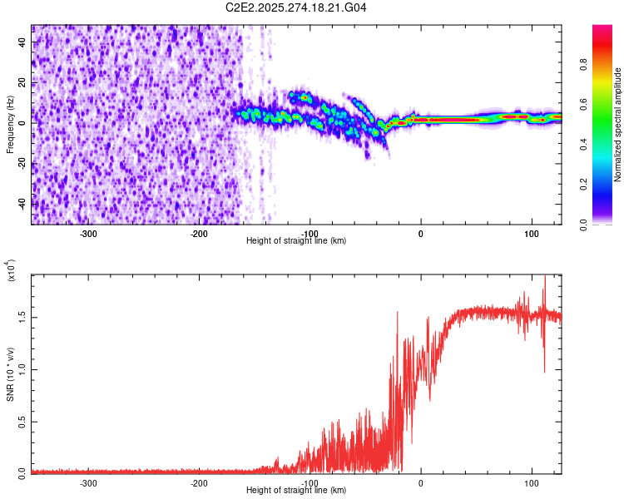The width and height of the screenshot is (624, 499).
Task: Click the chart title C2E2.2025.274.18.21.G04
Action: point(296,7)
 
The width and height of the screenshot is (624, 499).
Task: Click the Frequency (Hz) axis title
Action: point(10,125)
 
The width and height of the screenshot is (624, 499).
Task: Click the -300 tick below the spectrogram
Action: point(89,233)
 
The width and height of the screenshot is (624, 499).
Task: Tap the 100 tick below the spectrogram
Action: point(531,233)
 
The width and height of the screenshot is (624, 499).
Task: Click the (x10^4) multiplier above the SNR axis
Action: point(12,270)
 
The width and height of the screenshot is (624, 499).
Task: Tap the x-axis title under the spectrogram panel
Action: point(296,241)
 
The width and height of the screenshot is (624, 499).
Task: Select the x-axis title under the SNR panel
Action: point(296,491)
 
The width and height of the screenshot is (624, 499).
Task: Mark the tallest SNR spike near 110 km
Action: point(545,278)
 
